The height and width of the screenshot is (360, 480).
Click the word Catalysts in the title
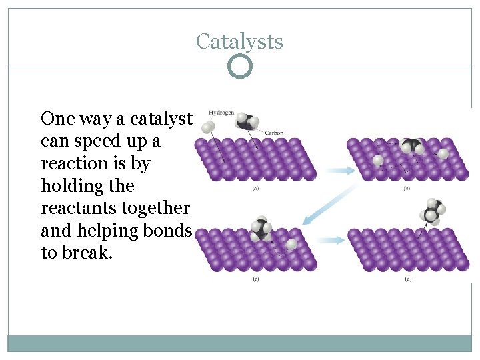[239, 41]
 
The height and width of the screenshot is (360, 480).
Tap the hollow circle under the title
[239, 67]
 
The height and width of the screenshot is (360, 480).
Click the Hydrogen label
[221, 113]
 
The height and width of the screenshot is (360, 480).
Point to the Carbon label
[274, 133]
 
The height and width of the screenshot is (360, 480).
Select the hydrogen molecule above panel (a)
[209, 126]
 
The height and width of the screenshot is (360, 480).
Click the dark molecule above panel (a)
[247, 121]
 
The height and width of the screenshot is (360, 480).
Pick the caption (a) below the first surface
[255, 189]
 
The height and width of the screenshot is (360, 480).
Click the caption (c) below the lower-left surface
[255, 279]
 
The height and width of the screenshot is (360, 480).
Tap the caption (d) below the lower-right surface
[407, 279]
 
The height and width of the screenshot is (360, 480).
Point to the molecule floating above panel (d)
[432, 211]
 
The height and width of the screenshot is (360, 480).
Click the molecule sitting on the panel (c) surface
[261, 229]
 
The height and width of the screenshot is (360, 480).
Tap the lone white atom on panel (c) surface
[291, 245]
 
